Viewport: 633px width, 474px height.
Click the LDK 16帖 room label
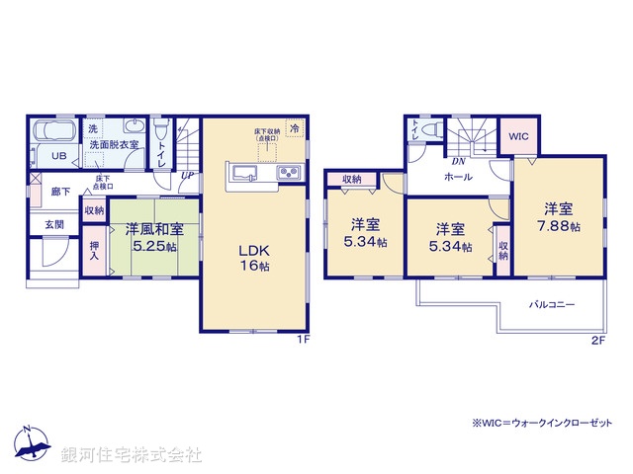pyautogui.click(x=252, y=259)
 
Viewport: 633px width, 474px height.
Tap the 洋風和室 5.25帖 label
pyautogui.click(x=153, y=237)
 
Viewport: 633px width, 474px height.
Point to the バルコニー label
pyautogui.click(x=552, y=305)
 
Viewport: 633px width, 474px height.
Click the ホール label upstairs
pyautogui.click(x=458, y=177)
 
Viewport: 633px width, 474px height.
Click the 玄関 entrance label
pyautogui.click(x=53, y=225)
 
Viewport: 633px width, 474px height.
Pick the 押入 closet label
pyautogui.click(x=94, y=252)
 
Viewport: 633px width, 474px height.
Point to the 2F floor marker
pyautogui.click(x=597, y=341)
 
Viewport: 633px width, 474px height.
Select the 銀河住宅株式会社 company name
pyautogui.click(x=133, y=455)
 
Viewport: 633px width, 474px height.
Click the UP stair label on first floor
pyautogui.click(x=187, y=176)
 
